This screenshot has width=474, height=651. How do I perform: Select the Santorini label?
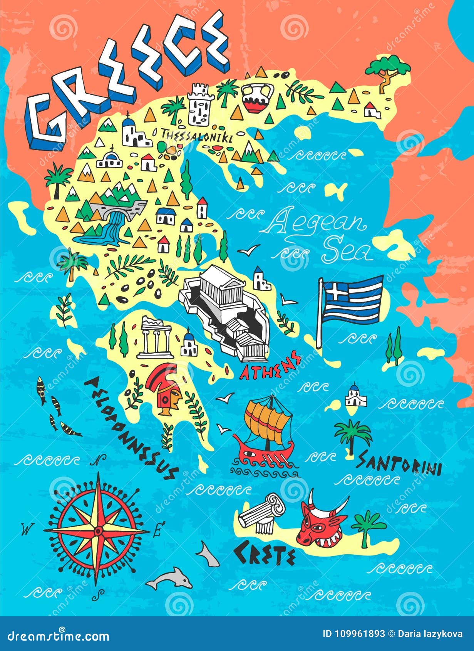pyautogui.click(x=399, y=464)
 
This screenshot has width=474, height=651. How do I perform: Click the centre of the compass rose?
pyautogui.click(x=98, y=531)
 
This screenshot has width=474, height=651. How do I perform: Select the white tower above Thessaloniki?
pyautogui.click(x=200, y=104)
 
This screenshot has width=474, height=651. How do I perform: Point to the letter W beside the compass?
pyautogui.click(x=26, y=530)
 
